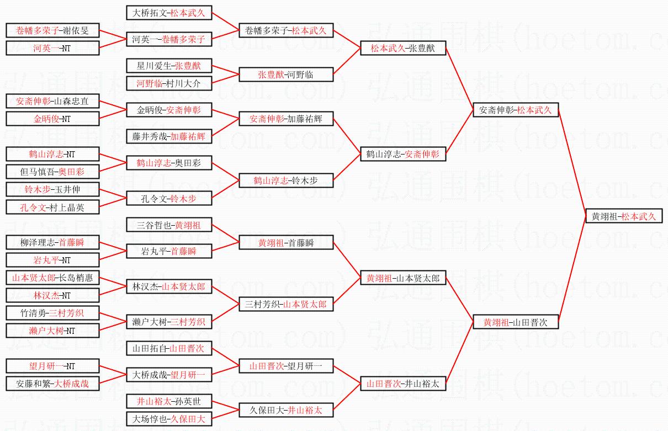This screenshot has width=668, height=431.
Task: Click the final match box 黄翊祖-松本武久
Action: pos(624,216)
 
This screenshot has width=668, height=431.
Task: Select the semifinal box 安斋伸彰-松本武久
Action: pos(515,110)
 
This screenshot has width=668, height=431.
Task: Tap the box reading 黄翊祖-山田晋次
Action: pos(515,322)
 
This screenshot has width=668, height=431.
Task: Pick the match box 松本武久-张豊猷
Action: pos(402,48)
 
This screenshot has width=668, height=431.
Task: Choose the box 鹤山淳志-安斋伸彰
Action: pos(402,154)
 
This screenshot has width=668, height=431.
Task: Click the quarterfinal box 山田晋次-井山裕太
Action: pos(402,384)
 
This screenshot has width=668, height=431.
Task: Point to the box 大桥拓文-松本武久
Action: pos(169,13)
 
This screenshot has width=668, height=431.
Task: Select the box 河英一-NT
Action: pos(52,48)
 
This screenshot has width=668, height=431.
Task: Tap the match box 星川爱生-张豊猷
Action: pos(169,66)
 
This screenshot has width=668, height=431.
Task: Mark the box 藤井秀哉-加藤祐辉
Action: pos(169,136)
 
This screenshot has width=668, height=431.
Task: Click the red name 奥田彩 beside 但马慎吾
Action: pos(71,171)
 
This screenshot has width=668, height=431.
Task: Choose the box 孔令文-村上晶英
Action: pos(52,207)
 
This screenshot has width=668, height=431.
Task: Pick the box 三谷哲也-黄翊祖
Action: pos(169,225)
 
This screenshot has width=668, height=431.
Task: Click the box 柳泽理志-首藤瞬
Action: pos(52,242)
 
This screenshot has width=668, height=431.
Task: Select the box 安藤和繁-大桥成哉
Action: pos(52,383)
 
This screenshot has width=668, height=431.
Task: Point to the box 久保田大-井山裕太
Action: pos(286,410)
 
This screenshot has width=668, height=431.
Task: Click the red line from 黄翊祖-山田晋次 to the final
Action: pos(572,270)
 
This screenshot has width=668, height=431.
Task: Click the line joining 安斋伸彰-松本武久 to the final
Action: pos(572,163)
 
